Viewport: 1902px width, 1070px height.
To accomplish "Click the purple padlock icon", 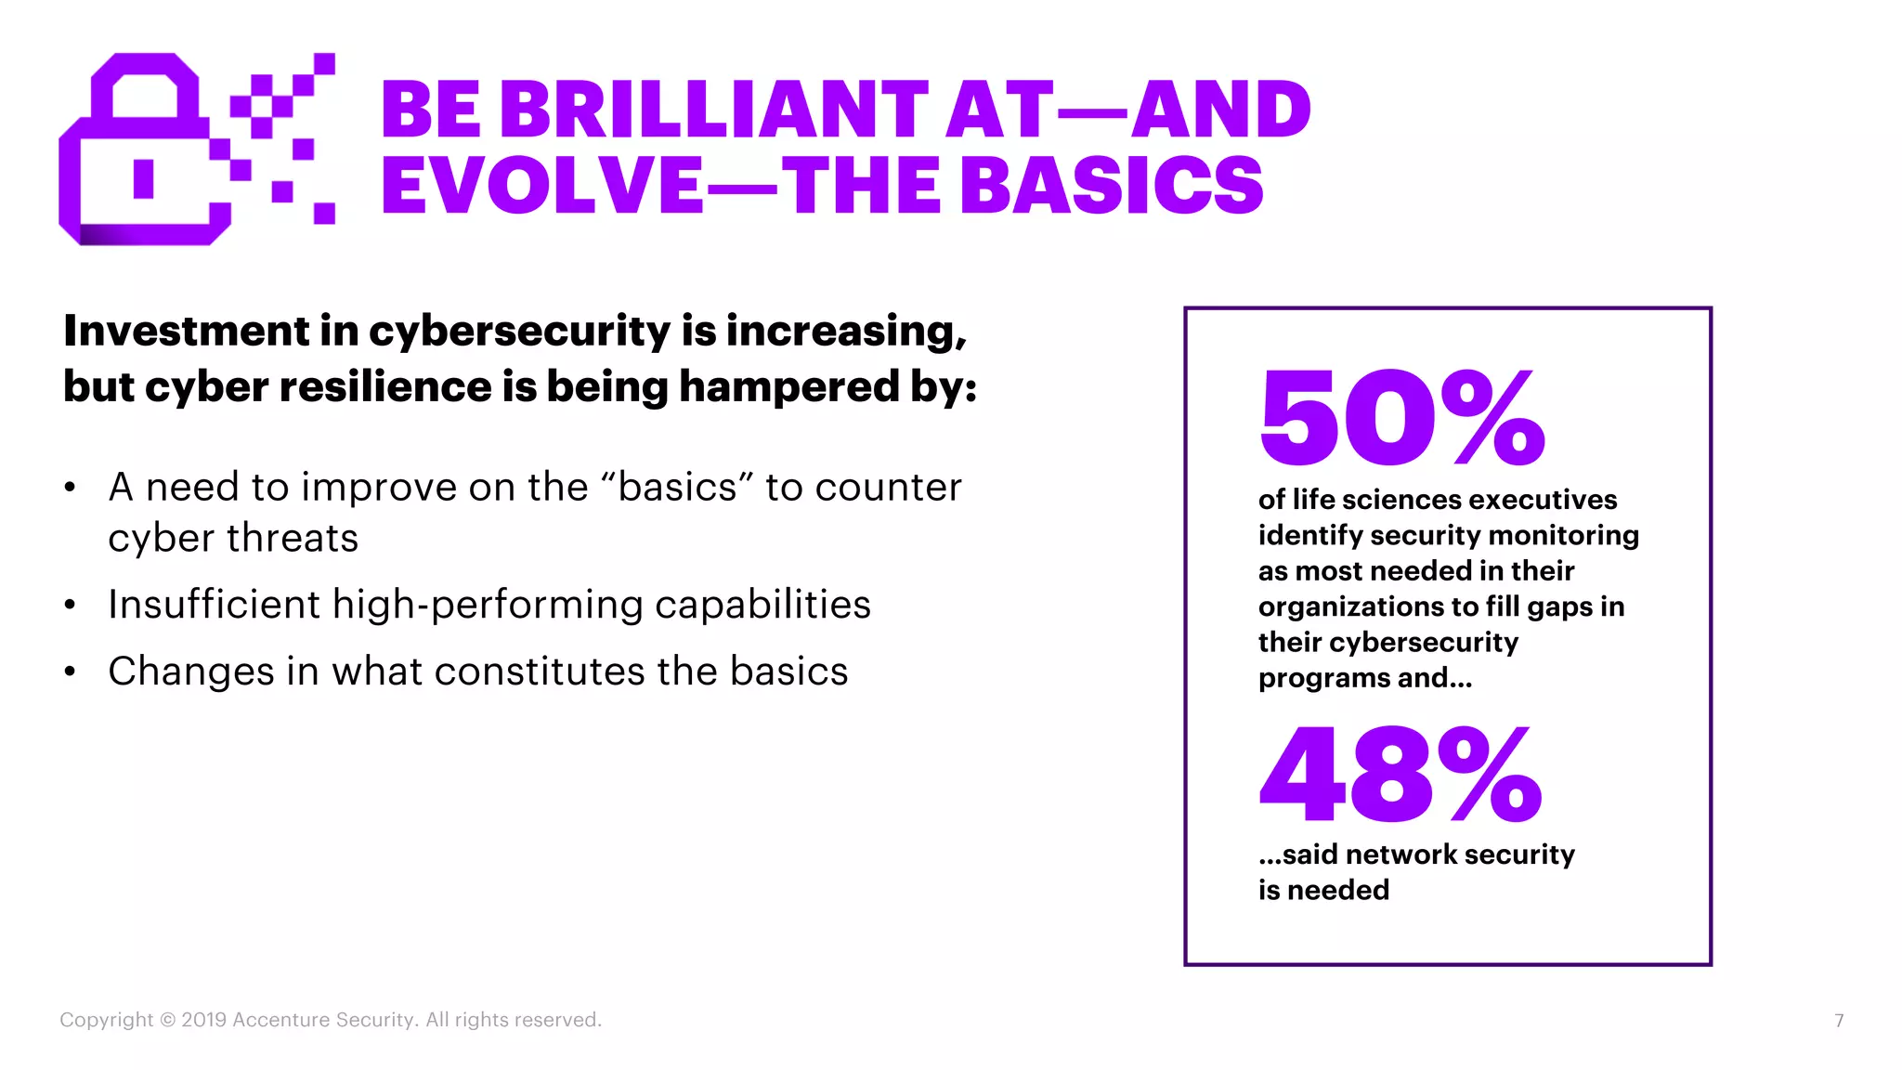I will coord(144,153).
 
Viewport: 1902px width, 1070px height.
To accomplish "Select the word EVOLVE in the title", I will coord(542,185).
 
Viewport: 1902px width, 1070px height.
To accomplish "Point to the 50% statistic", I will coord(1401,418).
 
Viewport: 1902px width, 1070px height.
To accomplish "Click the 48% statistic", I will coord(1400,775).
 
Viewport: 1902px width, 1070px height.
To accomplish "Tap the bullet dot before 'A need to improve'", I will coord(70,488).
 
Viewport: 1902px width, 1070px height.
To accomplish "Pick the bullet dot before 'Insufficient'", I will coord(70,606).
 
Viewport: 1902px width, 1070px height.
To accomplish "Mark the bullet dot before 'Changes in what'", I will coord(70,672).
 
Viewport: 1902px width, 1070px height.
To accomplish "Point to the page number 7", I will coord(1839,1021).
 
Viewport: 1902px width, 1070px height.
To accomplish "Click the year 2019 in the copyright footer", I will coord(204,1020).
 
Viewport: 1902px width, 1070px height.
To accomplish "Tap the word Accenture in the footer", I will coord(280,1020).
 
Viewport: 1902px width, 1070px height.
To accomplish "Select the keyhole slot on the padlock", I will coord(143,178).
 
